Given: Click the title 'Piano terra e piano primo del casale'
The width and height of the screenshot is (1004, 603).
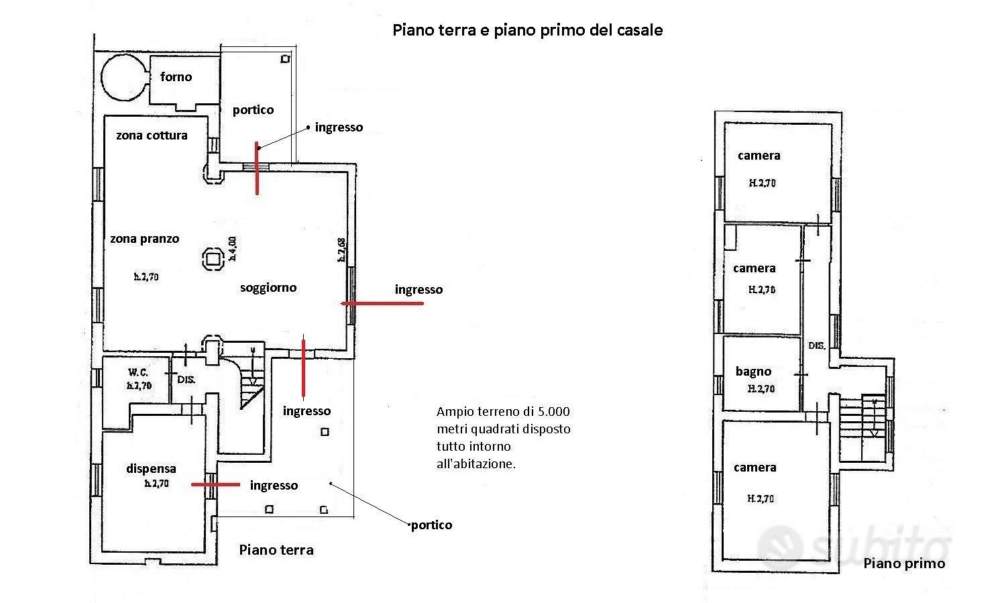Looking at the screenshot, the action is [528, 30].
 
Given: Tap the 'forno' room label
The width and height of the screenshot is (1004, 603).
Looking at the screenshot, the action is [176, 76].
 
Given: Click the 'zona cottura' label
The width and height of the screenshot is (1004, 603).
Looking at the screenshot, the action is [152, 135].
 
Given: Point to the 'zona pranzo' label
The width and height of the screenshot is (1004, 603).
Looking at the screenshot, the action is [145, 239].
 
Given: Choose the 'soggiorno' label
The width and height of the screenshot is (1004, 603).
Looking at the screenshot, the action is [268, 287].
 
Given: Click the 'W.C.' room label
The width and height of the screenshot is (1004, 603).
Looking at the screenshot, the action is [138, 372].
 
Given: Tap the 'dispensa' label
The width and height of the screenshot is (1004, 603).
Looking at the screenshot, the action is [151, 468].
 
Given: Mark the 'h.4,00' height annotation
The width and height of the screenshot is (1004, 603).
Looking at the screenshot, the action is [232, 249].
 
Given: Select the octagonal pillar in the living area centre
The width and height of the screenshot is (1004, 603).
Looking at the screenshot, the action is [213, 259].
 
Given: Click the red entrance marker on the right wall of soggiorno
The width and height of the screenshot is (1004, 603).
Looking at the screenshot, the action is [382, 304].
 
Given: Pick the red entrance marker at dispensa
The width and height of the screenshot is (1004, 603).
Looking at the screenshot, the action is [215, 484].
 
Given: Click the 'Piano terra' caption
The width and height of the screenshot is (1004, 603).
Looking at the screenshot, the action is [276, 549].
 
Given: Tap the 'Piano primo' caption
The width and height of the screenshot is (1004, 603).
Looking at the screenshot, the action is [904, 563].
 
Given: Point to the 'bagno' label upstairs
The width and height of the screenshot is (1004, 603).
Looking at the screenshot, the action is [753, 372].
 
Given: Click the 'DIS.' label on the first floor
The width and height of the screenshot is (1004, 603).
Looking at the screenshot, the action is [817, 345].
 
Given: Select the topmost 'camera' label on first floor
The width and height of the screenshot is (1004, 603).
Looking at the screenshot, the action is [759, 156].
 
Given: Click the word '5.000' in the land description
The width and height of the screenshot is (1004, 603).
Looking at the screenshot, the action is [553, 412].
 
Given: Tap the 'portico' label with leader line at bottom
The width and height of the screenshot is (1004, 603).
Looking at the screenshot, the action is [432, 525].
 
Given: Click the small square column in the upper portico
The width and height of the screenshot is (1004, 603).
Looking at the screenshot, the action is [285, 59].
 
